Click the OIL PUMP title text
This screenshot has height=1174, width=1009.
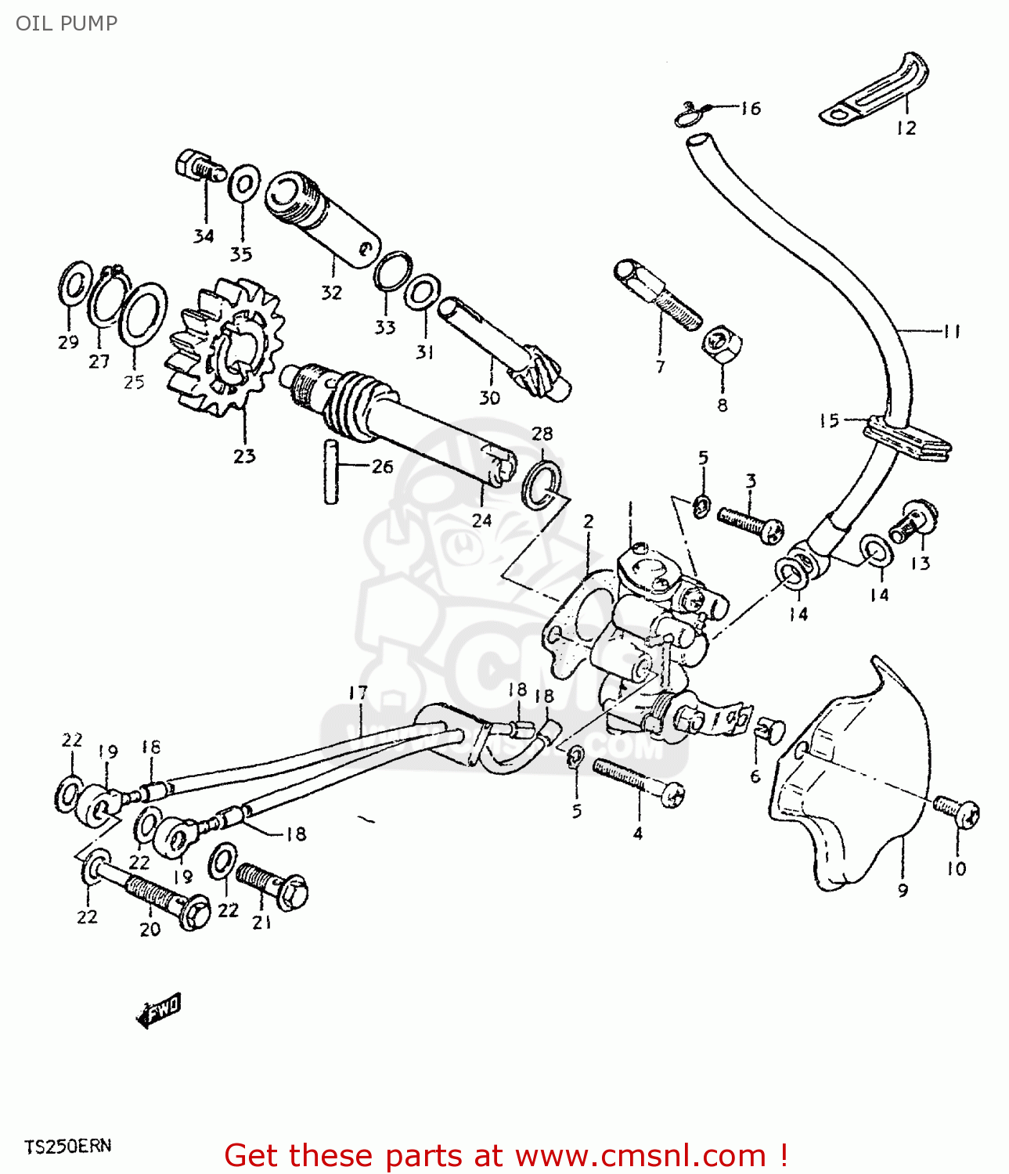pyautogui.click(x=67, y=23)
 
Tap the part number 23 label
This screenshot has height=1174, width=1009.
pyautogui.click(x=244, y=456)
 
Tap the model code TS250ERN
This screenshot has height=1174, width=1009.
pyautogui.click(x=67, y=1146)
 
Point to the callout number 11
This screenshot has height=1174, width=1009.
pyautogui.click(x=951, y=332)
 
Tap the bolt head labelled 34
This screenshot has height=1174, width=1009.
pyautogui.click(x=199, y=167)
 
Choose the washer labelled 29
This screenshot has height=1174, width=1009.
pyautogui.click(x=74, y=286)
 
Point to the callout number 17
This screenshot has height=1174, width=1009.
pyautogui.click(x=358, y=693)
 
